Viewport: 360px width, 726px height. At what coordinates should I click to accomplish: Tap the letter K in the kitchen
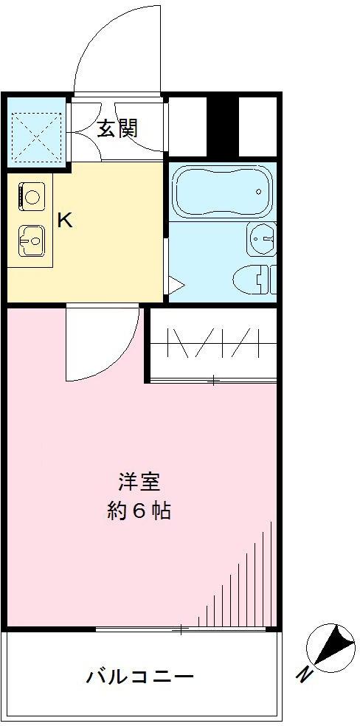click(65, 220)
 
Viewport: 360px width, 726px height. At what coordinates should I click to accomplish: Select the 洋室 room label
click(139, 483)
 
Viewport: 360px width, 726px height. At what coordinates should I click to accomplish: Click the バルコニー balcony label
click(139, 676)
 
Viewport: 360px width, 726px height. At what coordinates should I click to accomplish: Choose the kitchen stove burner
click(31, 196)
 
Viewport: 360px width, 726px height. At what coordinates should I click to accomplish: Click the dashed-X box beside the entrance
click(37, 136)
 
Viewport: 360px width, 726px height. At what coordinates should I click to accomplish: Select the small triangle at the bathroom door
click(175, 283)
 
